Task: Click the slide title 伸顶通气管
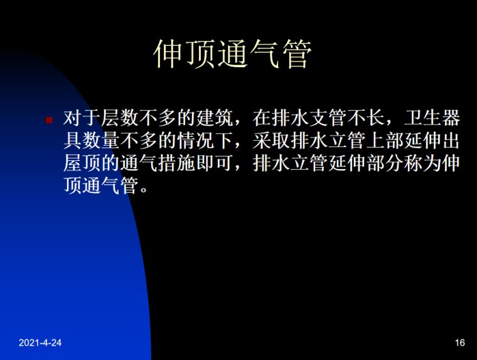pyautogui.click(x=232, y=56)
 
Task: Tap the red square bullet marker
pyautogui.click(x=50, y=119)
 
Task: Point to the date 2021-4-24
pyautogui.click(x=40, y=342)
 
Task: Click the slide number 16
pyautogui.click(x=459, y=342)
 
